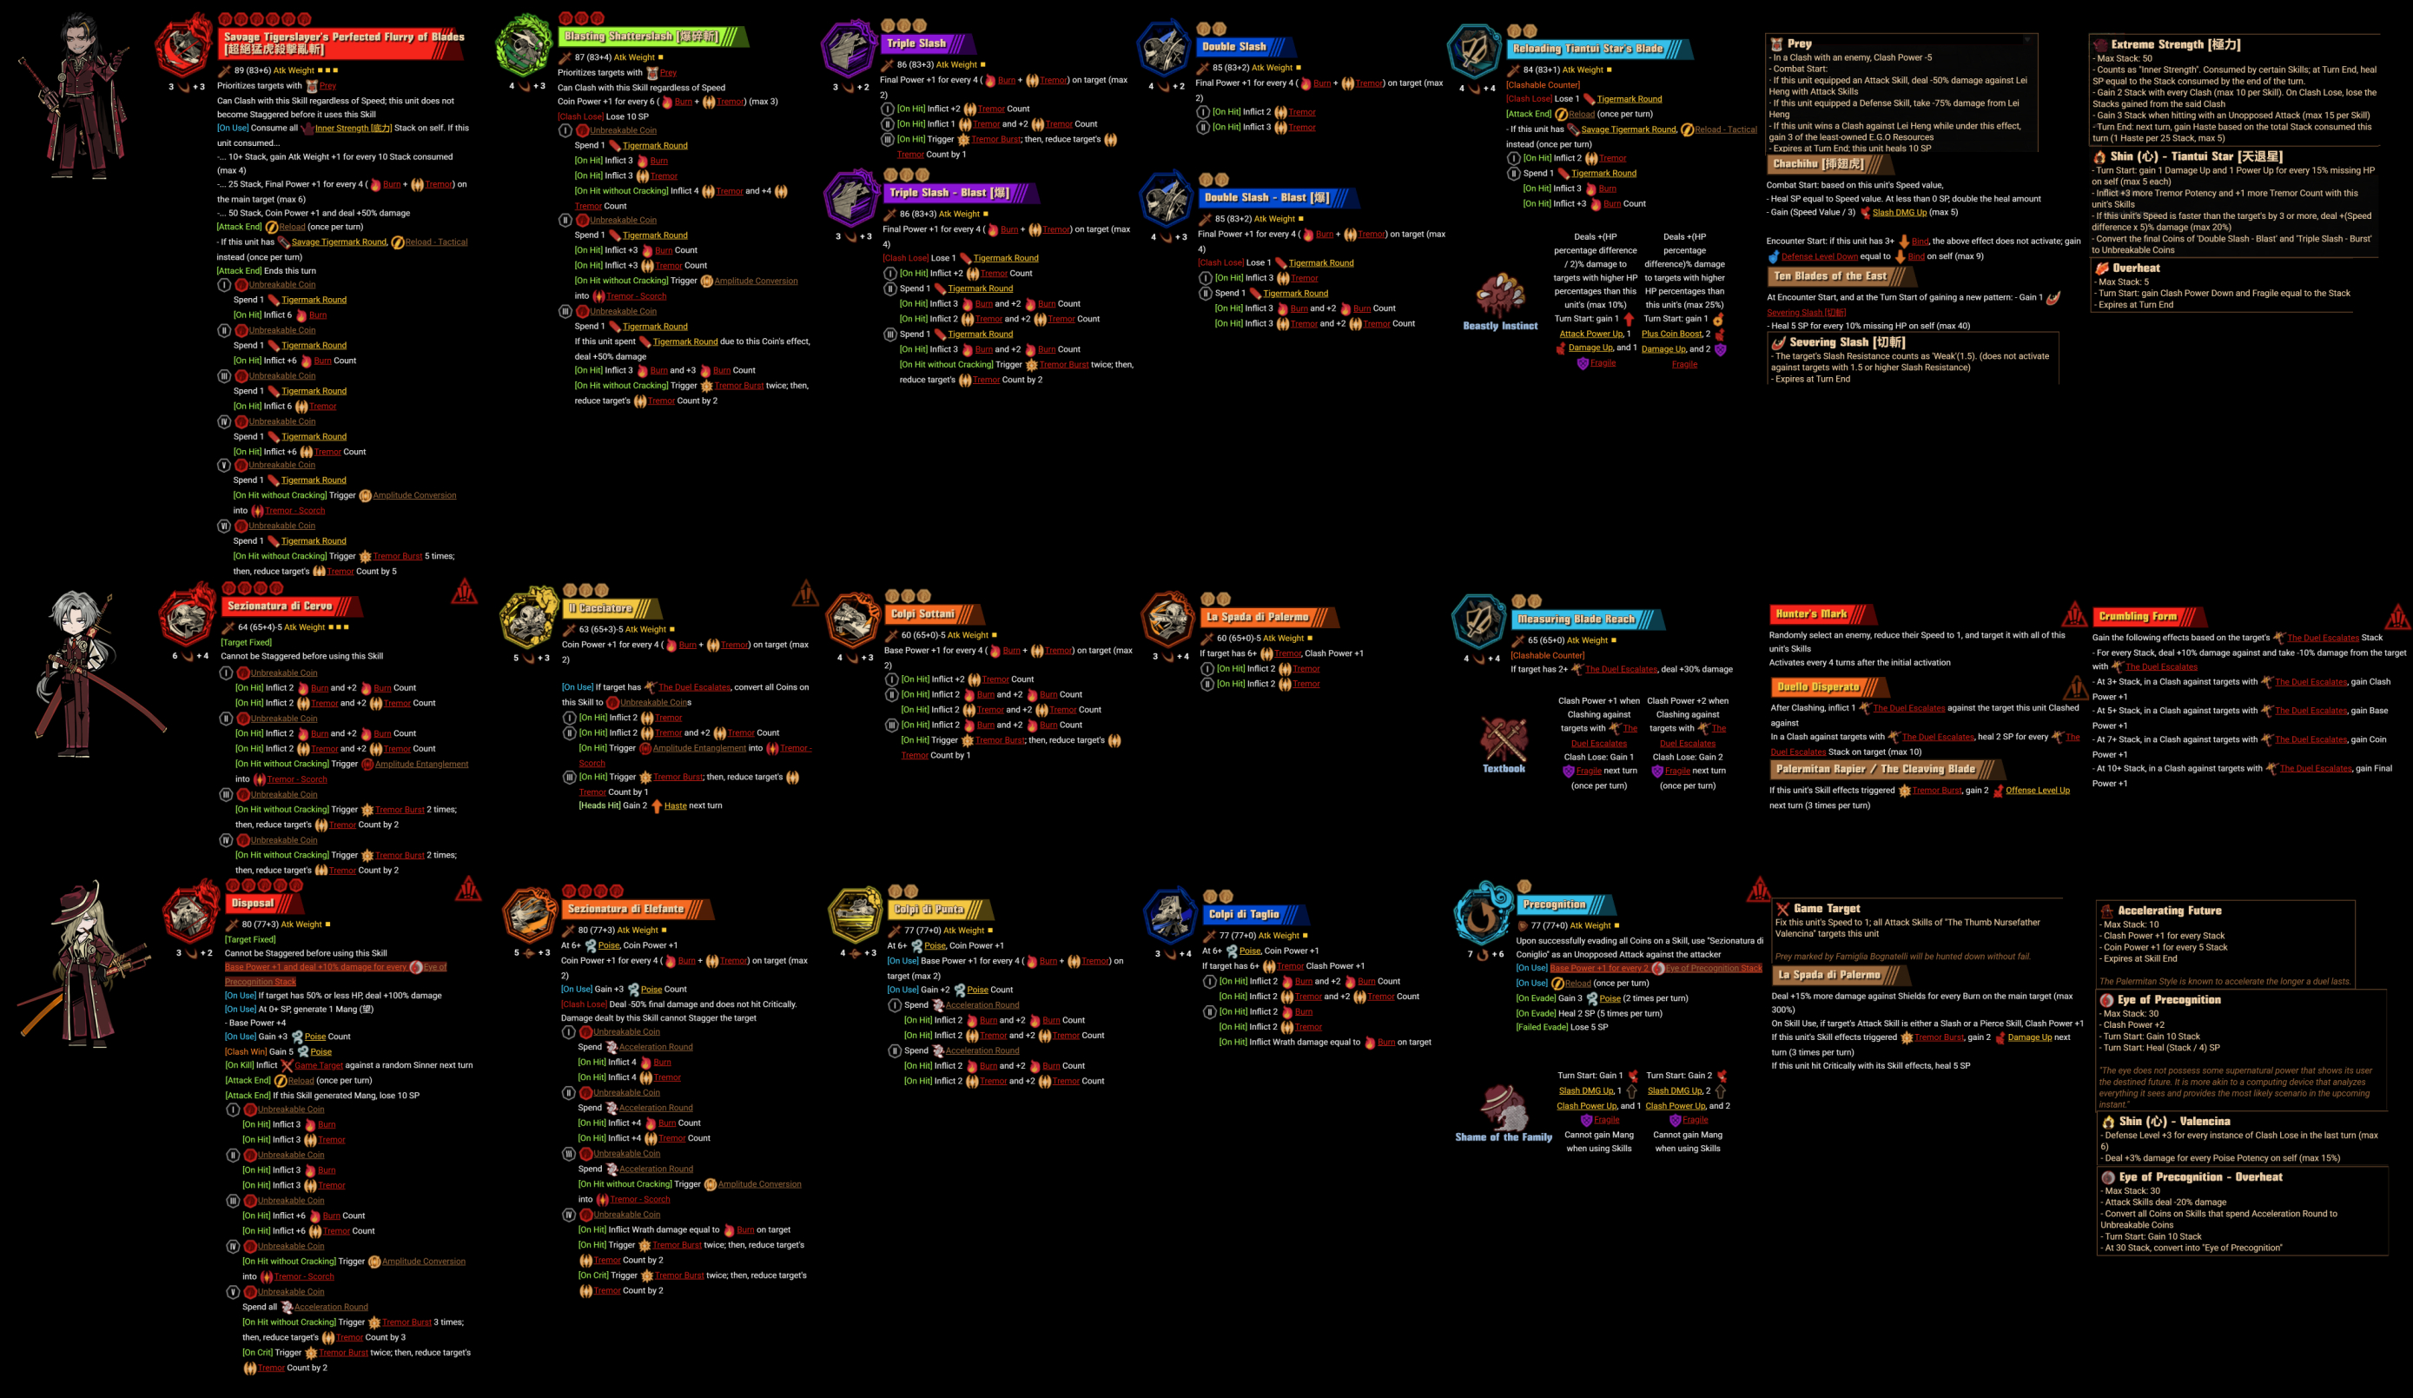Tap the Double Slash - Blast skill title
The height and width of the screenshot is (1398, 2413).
click(x=1266, y=197)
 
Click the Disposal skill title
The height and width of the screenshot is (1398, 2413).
click(x=253, y=903)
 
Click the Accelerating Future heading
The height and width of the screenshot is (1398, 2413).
click(x=2169, y=911)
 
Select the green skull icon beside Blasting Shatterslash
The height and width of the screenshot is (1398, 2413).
click(x=524, y=44)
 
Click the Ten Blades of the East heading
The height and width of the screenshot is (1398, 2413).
click(x=1830, y=275)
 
